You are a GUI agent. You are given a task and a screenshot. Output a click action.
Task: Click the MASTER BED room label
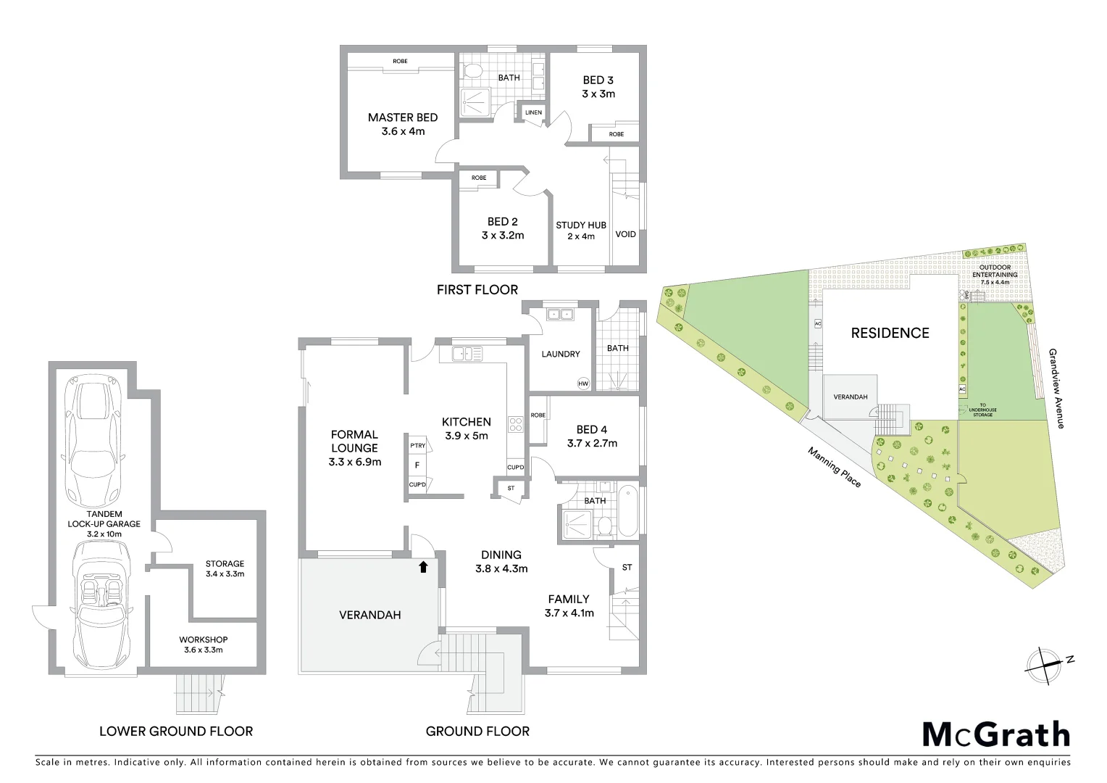(x=402, y=117)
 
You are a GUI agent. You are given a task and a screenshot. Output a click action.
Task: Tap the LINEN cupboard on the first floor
(x=533, y=113)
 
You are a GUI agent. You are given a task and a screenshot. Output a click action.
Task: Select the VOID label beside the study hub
(x=625, y=234)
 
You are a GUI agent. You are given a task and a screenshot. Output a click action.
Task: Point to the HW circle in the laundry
(x=583, y=384)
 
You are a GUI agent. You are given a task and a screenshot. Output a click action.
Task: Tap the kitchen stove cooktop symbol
(x=517, y=424)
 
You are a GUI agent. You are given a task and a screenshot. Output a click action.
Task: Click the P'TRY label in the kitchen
(x=417, y=446)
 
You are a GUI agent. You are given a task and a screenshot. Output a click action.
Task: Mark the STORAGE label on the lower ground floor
(x=225, y=563)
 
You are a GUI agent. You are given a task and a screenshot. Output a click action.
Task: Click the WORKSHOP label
(x=204, y=639)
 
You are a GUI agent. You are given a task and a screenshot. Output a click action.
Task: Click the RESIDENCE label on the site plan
(x=890, y=333)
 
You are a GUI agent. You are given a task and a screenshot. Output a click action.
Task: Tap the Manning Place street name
(x=835, y=467)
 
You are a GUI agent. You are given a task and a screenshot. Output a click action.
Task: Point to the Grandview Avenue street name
(x=1056, y=388)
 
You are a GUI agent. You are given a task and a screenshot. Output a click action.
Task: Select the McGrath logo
(x=995, y=734)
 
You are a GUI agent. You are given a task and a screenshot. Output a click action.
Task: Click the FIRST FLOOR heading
(x=477, y=289)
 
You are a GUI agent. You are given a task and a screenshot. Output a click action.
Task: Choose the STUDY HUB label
(x=581, y=225)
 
